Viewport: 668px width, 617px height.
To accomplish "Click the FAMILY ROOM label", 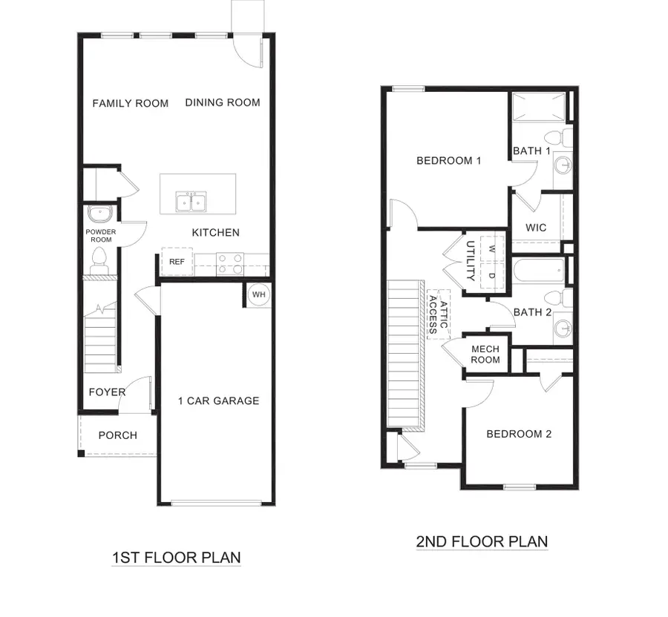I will [x=131, y=103].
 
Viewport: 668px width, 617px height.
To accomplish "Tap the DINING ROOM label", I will [x=223, y=102].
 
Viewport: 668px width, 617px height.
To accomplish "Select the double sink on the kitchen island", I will [x=191, y=201].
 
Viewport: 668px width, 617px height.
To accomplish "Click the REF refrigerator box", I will [x=177, y=262].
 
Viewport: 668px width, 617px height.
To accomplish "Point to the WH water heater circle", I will [x=258, y=294].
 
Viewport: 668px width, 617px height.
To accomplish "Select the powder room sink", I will [x=99, y=214].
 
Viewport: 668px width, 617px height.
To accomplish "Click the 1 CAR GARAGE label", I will [x=218, y=400].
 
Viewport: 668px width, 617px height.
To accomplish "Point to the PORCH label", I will [x=117, y=435].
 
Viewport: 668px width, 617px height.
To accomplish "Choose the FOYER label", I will [x=107, y=392].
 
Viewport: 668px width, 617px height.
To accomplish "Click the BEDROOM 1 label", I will [x=449, y=160].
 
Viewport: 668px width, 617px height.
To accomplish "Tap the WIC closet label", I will [x=536, y=228].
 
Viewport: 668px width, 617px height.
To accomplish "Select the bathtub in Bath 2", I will [x=539, y=271].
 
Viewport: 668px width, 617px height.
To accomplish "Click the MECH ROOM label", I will [x=486, y=354].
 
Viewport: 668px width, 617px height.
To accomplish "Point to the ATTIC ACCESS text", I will [x=439, y=313].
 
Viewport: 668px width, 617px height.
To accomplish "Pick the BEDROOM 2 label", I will [x=519, y=434].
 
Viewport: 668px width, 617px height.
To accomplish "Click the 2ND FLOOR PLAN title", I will [x=482, y=541].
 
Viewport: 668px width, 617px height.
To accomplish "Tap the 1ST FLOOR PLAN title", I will [x=177, y=557].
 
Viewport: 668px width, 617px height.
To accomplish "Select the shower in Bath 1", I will [x=538, y=108].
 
